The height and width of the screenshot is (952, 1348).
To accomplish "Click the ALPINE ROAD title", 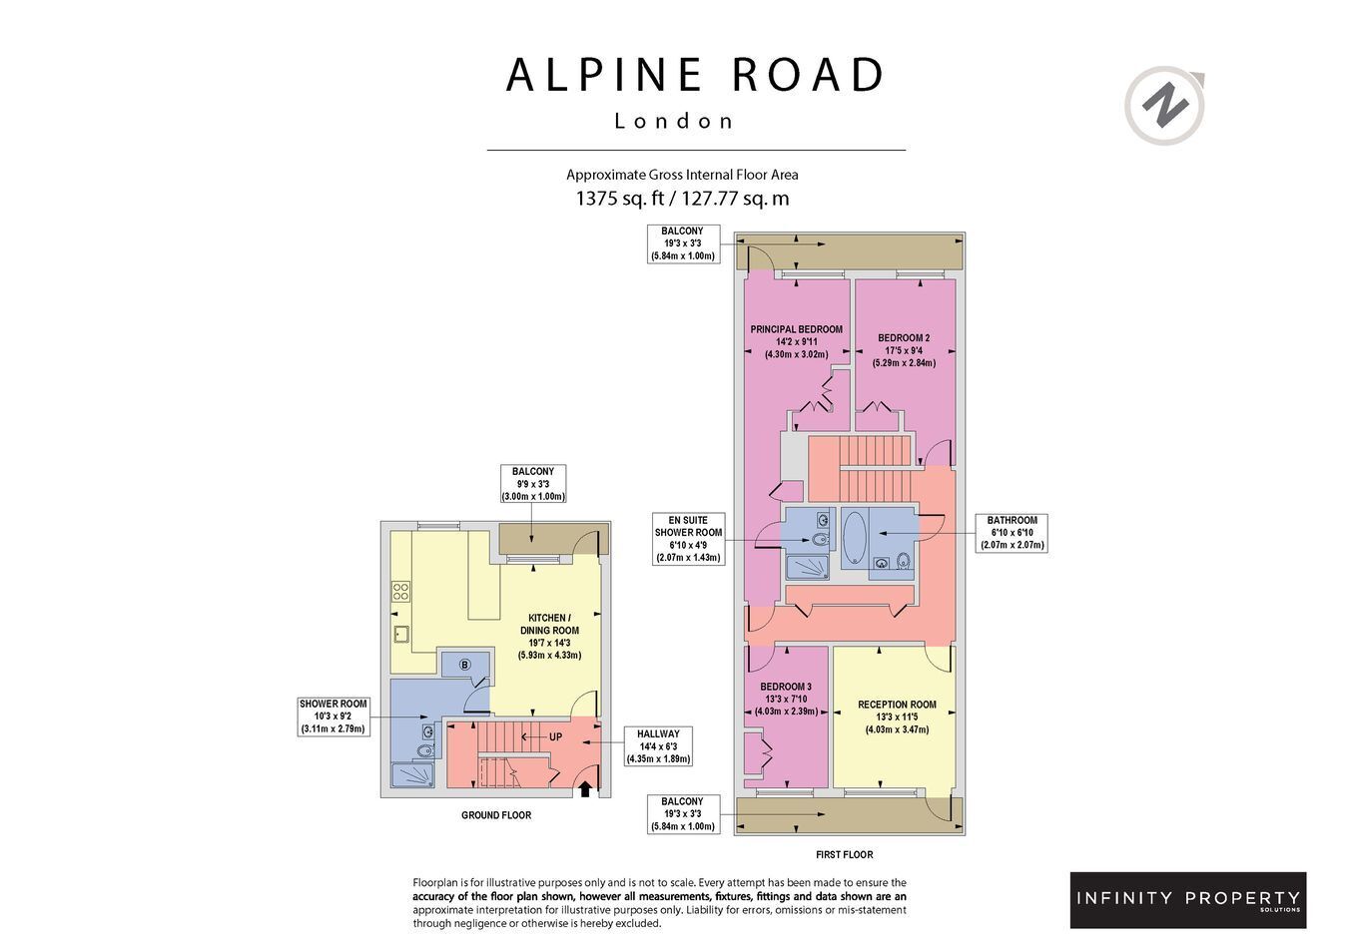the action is point(695,75).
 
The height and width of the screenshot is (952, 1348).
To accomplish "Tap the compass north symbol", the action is point(1165,106).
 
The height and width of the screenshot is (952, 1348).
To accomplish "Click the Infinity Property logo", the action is point(1188,900).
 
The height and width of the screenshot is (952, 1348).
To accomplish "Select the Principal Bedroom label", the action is point(796,341).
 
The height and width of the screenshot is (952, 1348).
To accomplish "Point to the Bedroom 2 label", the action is point(904,350).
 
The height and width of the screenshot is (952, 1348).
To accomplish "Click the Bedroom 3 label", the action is point(786,699).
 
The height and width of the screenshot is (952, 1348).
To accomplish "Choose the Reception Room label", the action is point(897,716).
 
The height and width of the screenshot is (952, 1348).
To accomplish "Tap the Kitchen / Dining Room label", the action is point(549,637).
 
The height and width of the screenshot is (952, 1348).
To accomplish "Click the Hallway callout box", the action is point(658,746).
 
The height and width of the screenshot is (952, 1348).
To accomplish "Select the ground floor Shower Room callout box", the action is point(334,716).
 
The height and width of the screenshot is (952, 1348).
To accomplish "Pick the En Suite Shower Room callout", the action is point(688,539).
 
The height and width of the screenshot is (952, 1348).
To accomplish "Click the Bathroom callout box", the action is point(1011,533).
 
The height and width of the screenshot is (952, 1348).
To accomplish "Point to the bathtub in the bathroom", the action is point(854,537).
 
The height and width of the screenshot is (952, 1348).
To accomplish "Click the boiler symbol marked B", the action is point(464,665).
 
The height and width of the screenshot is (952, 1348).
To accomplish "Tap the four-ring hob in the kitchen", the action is point(400,591).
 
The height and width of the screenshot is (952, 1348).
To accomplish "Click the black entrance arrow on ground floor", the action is point(585,789).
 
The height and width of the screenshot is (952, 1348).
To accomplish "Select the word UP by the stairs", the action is point(555,736).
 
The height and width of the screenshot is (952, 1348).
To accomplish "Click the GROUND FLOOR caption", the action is point(496,815).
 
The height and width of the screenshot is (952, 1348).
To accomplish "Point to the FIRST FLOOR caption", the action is point(845,854).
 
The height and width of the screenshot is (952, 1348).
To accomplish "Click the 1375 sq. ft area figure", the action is point(620,198).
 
